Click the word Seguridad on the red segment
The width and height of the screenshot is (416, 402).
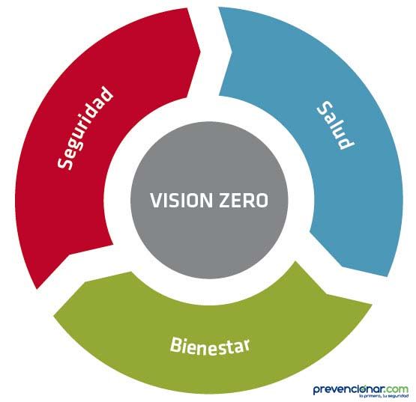pos(85,128)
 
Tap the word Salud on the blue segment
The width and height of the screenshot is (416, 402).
pos(336,126)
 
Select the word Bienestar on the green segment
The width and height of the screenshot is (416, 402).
pos(210,347)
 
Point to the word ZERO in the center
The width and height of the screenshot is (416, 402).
pos(244,201)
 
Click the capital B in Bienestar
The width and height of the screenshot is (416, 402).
pos(175,344)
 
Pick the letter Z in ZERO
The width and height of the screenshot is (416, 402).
pos(224,201)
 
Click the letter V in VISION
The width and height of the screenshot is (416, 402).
pos(155,201)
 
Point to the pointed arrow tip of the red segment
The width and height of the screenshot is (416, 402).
pos(200,50)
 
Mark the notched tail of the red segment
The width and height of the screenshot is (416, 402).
pos(70,255)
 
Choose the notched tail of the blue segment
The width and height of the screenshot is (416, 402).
pos(232,53)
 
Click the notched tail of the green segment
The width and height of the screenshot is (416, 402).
pos(326,293)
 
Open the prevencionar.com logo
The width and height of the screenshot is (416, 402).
pos(361,391)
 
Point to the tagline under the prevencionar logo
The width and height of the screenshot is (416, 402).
pos(383,396)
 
